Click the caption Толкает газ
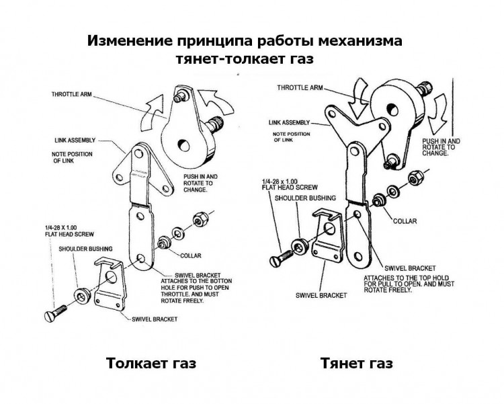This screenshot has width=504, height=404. [151, 364]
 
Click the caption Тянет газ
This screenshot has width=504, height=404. [356, 364]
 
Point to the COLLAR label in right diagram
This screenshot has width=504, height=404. [405, 220]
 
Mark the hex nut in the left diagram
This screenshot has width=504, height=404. [200, 220]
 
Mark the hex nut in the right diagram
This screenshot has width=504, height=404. [415, 179]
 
